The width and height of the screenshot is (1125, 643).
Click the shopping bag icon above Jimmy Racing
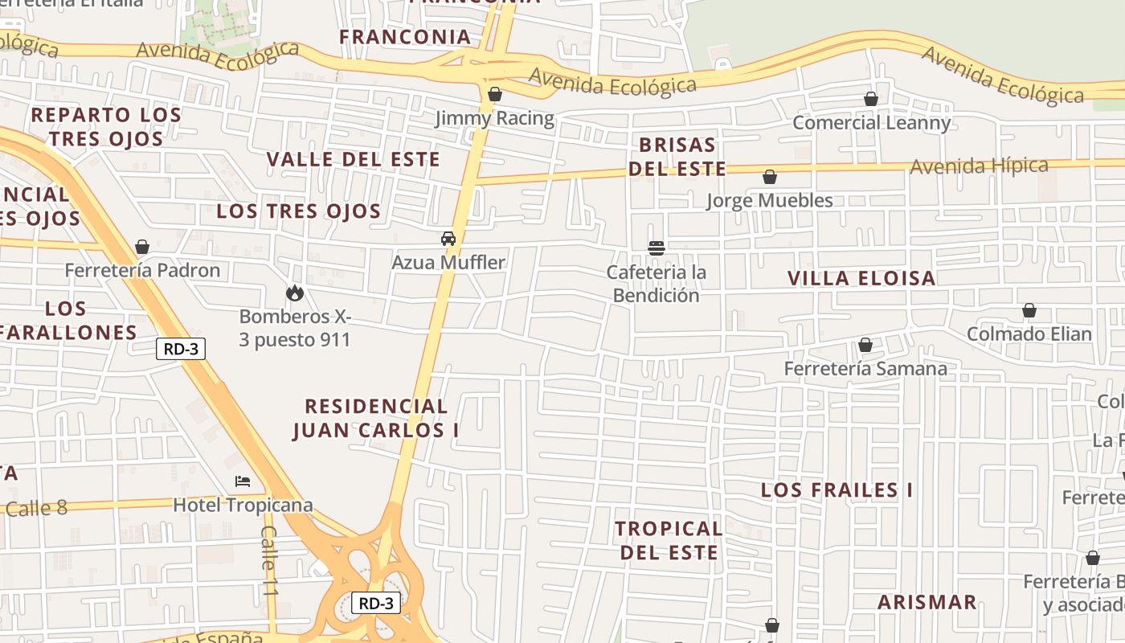tap(495, 95)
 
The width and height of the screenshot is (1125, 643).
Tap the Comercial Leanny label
tap(871, 123)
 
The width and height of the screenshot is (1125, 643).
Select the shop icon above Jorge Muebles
tap(770, 177)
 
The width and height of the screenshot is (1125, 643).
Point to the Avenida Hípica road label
tap(979, 166)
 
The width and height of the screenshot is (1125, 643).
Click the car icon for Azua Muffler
tap(448, 239)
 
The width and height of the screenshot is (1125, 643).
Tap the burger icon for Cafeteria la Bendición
tap(657, 248)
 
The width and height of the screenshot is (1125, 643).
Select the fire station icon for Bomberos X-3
tap(295, 293)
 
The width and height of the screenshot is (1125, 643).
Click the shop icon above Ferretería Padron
tap(142, 247)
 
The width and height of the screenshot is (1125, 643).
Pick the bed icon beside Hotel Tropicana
tap(243, 481)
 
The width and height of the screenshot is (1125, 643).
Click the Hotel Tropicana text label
tap(243, 506)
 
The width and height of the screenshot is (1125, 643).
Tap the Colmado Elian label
tap(1029, 334)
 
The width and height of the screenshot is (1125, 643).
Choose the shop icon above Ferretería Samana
tap(865, 346)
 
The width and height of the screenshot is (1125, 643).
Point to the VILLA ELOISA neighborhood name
tap(861, 279)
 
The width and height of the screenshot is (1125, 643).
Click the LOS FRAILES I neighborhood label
tap(837, 490)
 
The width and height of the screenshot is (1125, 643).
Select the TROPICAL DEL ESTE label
tap(669, 540)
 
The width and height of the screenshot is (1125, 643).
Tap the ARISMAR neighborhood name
tap(927, 602)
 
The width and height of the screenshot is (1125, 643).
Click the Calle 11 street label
tap(269, 561)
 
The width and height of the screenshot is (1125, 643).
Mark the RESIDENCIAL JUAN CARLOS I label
tap(376, 418)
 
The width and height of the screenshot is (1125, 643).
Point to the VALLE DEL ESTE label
tap(353, 159)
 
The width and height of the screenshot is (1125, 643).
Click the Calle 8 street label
tap(37, 508)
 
